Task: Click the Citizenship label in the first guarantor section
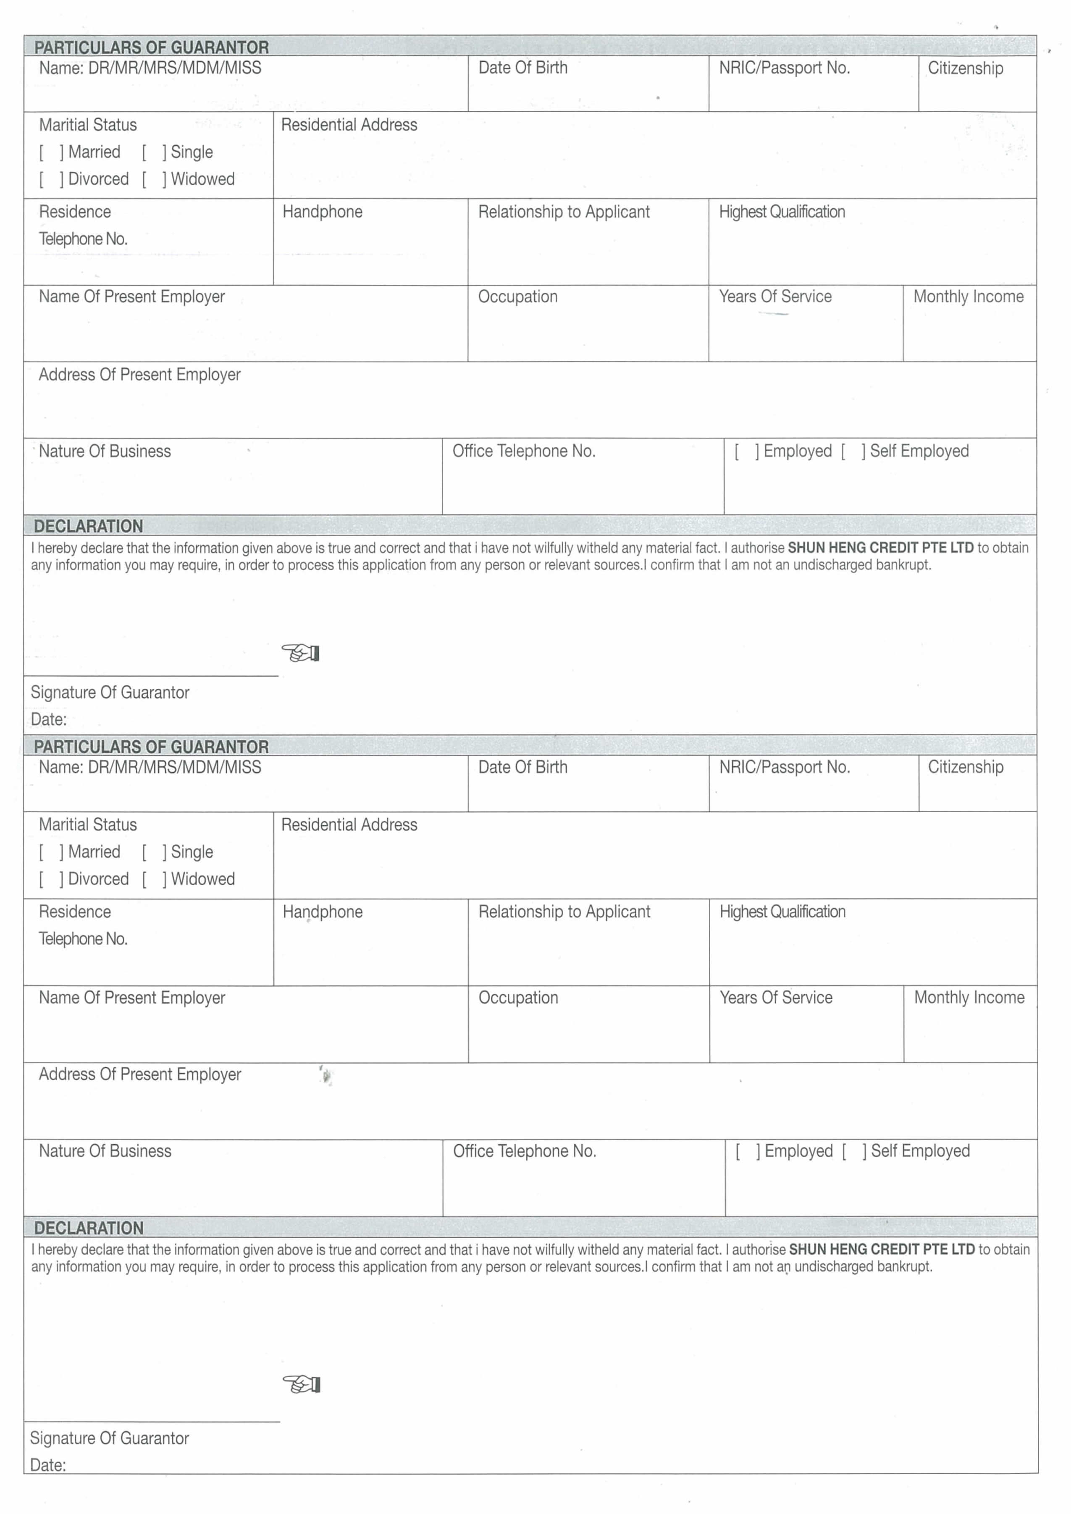click(966, 68)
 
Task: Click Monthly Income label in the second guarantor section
click(969, 998)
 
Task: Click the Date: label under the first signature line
click(49, 719)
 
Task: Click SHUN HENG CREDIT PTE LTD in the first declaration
click(880, 548)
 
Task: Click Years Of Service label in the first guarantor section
click(775, 297)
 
